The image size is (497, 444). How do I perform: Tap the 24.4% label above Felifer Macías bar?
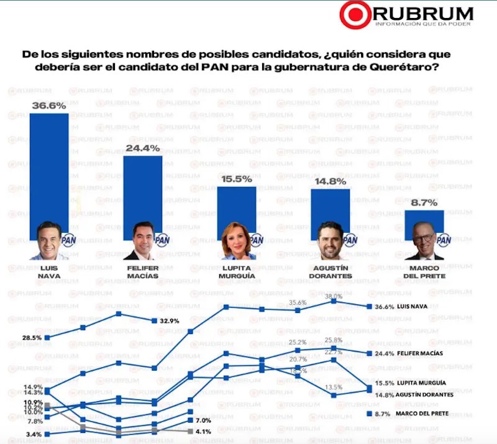pyautogui.click(x=143, y=148)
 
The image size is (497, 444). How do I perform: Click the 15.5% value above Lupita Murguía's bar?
pyautogui.click(x=236, y=179)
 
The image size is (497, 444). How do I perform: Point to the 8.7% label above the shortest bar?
pyautogui.click(x=424, y=202)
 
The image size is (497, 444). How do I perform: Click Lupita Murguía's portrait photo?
pyautogui.click(x=237, y=243)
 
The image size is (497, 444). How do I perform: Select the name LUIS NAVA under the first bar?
pyautogui.click(x=49, y=272)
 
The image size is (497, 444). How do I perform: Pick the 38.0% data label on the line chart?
pyautogui.click(x=333, y=296)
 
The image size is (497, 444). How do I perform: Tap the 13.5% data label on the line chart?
pyautogui.click(x=333, y=387)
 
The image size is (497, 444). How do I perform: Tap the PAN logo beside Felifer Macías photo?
pyautogui.click(x=162, y=240)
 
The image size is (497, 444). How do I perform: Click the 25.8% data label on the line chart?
pyautogui.click(x=333, y=340)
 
